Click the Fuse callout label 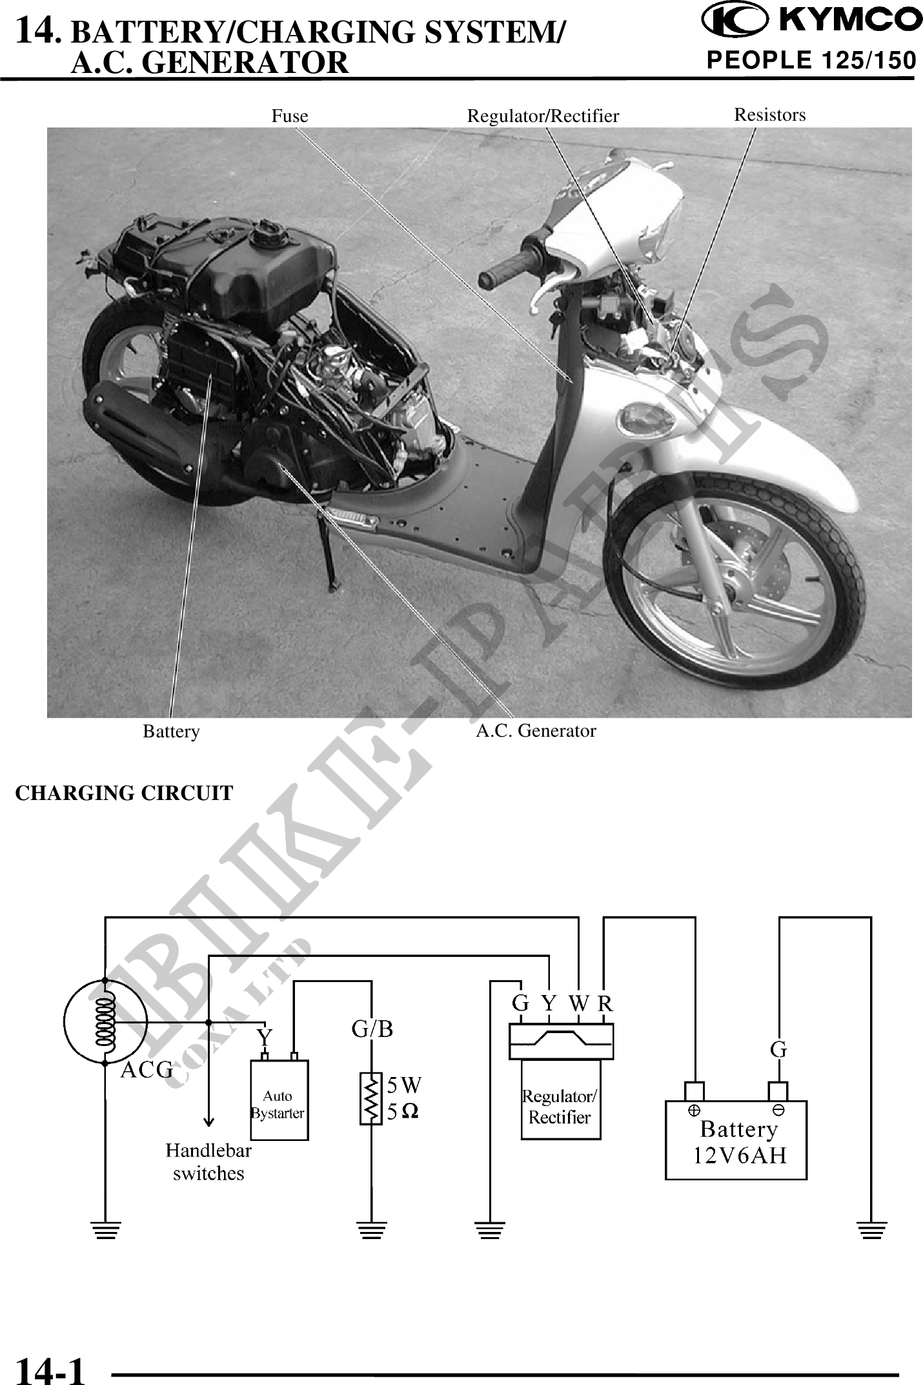pos(289,116)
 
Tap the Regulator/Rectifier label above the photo pos(543,116)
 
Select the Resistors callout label pos(770,115)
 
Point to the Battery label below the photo pos(171,732)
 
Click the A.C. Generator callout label pos(536,731)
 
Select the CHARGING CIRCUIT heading pos(124,794)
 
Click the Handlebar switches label pos(208,1162)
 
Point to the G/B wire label pos(372,1029)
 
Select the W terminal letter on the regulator pos(579,1004)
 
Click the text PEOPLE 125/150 pos(811,60)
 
